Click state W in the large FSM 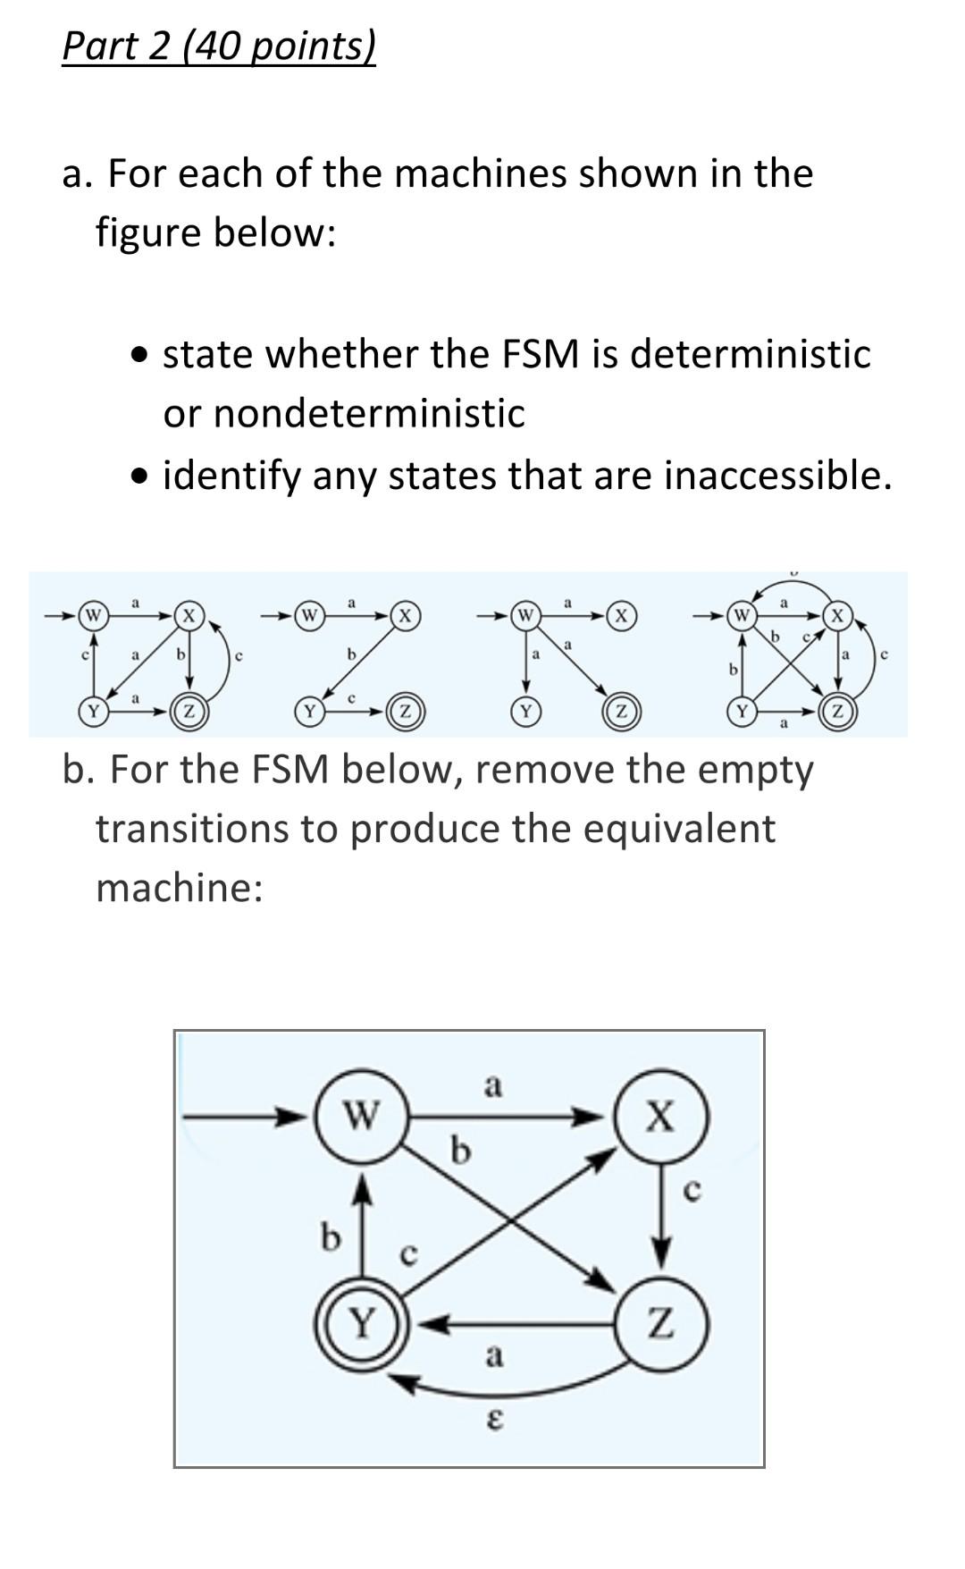coord(361,1117)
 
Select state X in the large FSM coord(661,1117)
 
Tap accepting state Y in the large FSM coord(361,1321)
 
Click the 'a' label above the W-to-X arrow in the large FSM coord(493,1086)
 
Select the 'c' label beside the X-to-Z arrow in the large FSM coord(692,1190)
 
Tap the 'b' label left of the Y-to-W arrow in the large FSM coord(331,1237)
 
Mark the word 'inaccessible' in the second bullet coord(777,475)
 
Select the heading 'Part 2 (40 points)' coord(219,46)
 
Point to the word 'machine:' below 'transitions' coord(180,887)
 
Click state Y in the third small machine coord(525,712)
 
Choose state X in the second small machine coord(405,615)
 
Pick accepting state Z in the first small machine coord(189,712)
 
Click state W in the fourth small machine coord(741,615)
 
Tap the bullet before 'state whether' coord(138,356)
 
